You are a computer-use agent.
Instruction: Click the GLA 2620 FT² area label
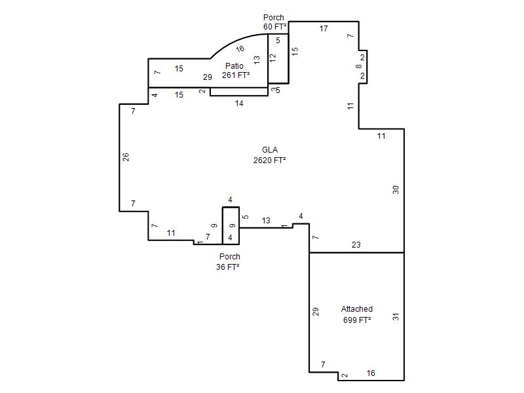tap(269, 155)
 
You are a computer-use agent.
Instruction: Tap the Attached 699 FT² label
tap(357, 314)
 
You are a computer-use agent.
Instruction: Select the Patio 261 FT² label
tap(236, 71)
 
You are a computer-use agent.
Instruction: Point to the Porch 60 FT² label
tap(274, 22)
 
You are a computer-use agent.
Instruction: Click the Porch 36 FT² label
tap(228, 261)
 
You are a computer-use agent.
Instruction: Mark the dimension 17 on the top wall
tap(324, 29)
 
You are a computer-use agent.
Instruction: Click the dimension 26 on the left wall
tap(126, 157)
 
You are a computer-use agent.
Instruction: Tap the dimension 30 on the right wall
tap(396, 190)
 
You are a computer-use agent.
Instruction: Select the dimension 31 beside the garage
tap(396, 316)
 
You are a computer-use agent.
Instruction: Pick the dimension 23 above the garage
tap(356, 244)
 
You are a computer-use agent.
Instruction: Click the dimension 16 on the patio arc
tap(240, 48)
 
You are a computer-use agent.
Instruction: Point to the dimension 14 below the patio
tap(239, 103)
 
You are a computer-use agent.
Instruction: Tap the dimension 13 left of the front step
tap(266, 221)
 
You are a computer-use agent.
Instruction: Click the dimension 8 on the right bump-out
tap(358, 66)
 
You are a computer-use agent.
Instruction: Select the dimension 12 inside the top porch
tap(273, 58)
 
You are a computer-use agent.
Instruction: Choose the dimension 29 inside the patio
tap(208, 77)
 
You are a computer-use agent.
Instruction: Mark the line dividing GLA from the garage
tap(356, 253)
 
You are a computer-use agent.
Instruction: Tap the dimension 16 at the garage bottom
tap(371, 373)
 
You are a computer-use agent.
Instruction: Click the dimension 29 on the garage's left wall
tap(316, 312)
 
